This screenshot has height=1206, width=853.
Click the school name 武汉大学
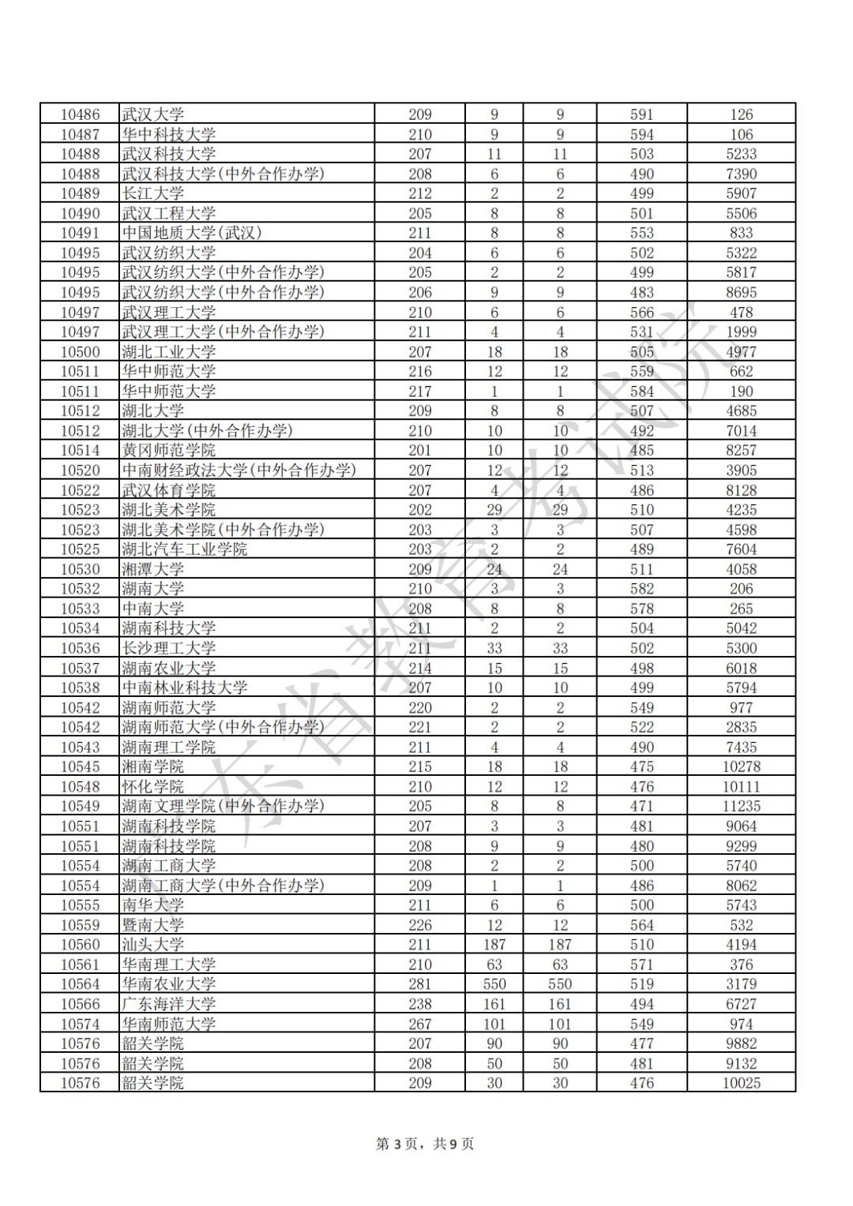[x=153, y=114]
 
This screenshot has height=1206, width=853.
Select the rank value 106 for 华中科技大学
[x=741, y=134]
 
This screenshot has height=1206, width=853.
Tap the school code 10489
[x=81, y=193]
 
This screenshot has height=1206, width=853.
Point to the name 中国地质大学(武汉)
[x=191, y=233]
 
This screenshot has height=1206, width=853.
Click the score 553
[x=641, y=233]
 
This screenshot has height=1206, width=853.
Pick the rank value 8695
[x=741, y=292]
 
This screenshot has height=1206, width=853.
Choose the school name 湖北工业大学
[x=169, y=352]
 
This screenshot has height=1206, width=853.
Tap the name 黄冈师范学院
[x=169, y=451]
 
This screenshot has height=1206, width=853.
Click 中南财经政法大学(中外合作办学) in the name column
[x=239, y=470]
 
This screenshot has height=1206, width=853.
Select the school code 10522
[x=81, y=490]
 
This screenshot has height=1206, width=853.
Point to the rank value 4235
[x=741, y=510]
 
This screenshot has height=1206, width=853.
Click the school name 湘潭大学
[x=153, y=569]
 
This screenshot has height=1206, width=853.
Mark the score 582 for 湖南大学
[x=641, y=589]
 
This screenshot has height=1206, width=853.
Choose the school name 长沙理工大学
[x=169, y=648]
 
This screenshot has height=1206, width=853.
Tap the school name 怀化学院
[x=153, y=787]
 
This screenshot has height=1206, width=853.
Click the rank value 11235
[x=741, y=807]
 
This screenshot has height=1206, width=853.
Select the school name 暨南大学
[x=153, y=925]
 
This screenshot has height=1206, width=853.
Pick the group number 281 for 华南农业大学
[x=419, y=984]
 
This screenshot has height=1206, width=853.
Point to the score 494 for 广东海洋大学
[x=641, y=1004]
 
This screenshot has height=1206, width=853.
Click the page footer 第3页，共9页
[x=425, y=1144]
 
